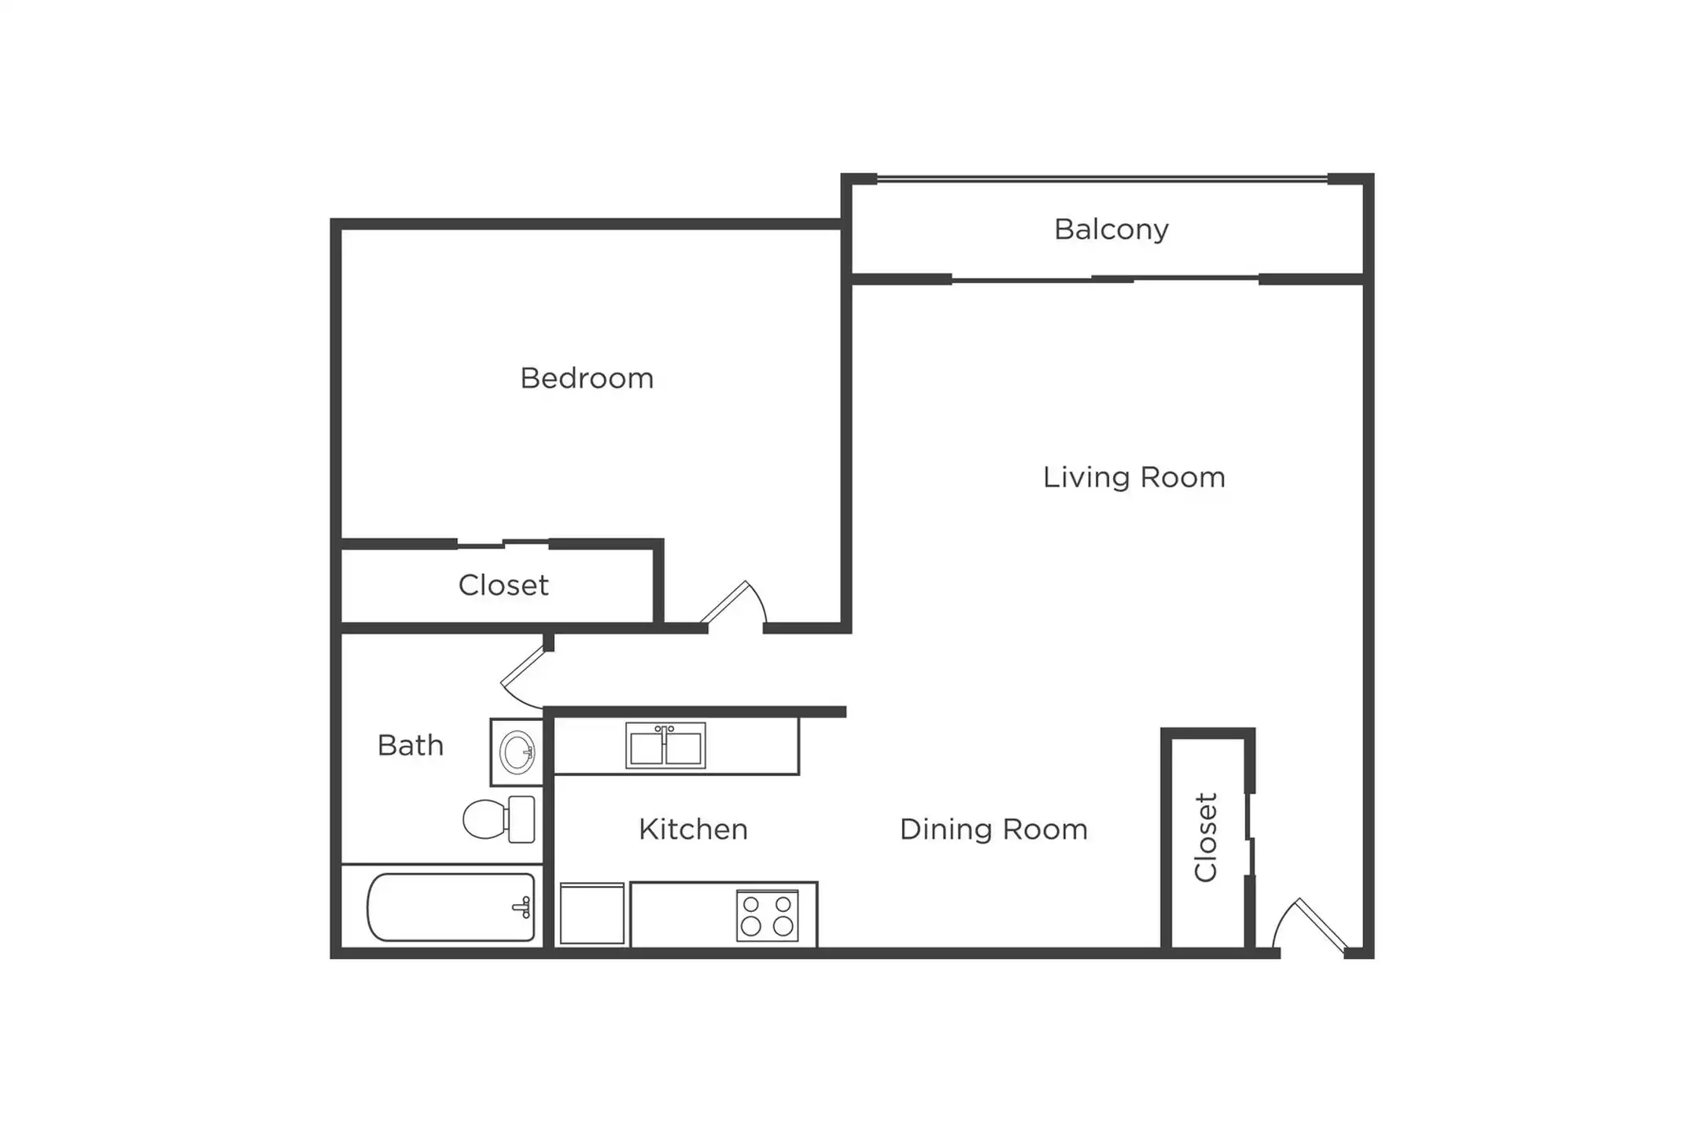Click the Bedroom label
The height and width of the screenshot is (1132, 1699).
[x=587, y=379]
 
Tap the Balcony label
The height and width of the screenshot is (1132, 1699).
[x=1111, y=230]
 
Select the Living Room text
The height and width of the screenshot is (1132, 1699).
[x=1134, y=477]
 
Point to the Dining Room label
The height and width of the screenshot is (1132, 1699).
[x=993, y=829]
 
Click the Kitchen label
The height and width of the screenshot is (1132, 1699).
[x=693, y=829]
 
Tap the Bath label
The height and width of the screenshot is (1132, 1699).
[x=411, y=745]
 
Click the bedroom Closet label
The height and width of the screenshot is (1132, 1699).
[x=503, y=586]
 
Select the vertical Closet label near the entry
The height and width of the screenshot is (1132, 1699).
[x=1206, y=837]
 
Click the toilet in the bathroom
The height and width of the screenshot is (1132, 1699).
[x=499, y=819]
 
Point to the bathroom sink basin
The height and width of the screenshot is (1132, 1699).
[x=517, y=752]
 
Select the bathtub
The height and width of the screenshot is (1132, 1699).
[x=451, y=907]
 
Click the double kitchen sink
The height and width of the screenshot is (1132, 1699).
[x=665, y=746]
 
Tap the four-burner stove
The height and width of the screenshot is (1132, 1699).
[x=767, y=916]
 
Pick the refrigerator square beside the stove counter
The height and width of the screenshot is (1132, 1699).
[x=592, y=913]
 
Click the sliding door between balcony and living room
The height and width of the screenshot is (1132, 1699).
[x=1105, y=279]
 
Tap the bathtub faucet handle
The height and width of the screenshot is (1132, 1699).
[x=522, y=908]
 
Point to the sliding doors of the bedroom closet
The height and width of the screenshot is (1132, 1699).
[x=503, y=543]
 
